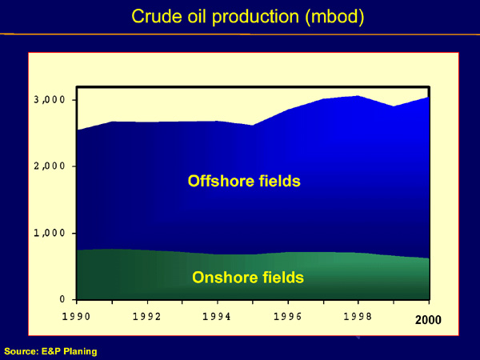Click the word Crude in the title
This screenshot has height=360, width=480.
coord(157,16)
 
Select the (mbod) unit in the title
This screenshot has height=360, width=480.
coord(334,17)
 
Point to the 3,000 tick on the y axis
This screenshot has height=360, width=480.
coord(49,99)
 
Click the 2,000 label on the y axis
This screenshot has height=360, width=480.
coord(49,166)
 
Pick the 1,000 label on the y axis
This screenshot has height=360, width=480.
coord(49,233)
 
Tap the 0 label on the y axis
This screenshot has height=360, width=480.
coord(62,298)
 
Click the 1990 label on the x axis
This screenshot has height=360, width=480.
coord(76,316)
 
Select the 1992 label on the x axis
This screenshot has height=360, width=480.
coord(147,316)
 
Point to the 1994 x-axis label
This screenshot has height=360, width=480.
coord(217,316)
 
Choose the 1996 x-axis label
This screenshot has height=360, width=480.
coord(288,316)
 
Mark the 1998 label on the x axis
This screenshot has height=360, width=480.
coord(358,316)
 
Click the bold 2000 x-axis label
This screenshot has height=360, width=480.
coord(428,320)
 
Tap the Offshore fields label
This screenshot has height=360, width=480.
coord(244,181)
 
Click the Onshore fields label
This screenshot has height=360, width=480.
coord(248,278)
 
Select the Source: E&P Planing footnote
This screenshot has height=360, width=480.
coord(50,351)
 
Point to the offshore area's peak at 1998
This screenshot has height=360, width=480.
coord(358,96)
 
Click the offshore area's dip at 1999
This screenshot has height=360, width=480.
coord(394,106)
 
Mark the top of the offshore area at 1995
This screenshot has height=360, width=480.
coord(253,126)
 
